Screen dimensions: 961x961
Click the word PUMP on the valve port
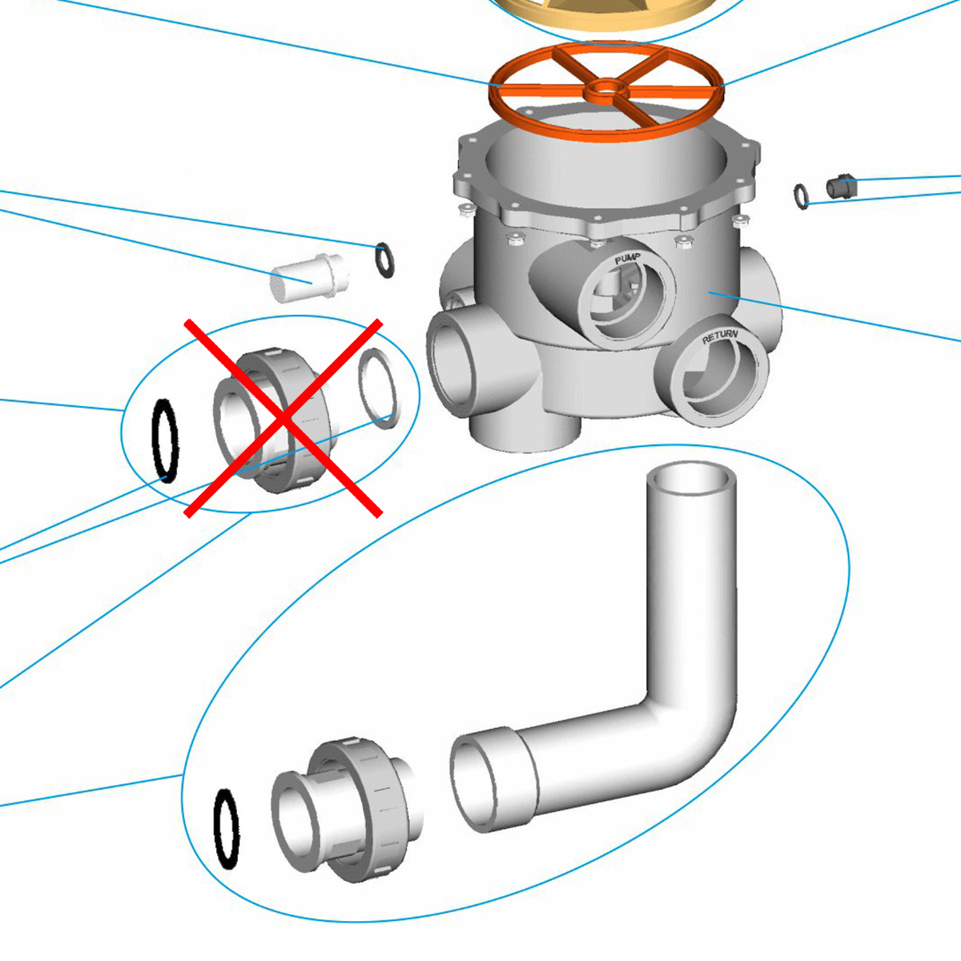(x=628, y=259)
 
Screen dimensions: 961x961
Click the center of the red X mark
(x=283, y=418)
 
